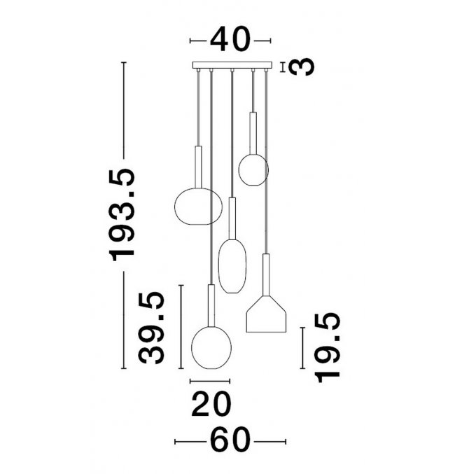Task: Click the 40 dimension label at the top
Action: pyautogui.click(x=230, y=39)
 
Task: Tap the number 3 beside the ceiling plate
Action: pyautogui.click(x=302, y=67)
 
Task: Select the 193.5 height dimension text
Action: pyautogui.click(x=122, y=215)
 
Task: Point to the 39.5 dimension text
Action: pyautogui.click(x=151, y=328)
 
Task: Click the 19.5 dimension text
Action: pyautogui.click(x=328, y=348)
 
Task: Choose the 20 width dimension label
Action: pyautogui.click(x=211, y=403)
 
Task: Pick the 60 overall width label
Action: pyautogui.click(x=230, y=440)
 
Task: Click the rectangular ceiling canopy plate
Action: pyautogui.click(x=232, y=65)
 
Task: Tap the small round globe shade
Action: pyautogui.click(x=253, y=169)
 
